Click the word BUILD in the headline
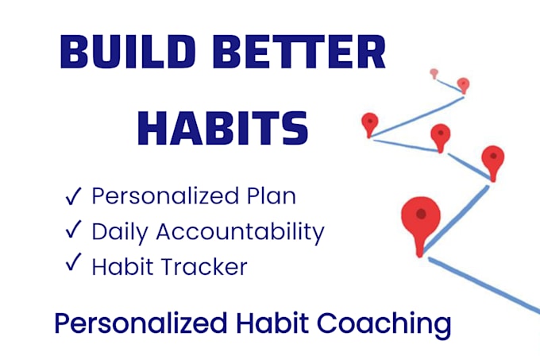coord(128,52)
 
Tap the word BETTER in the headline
coord(299,52)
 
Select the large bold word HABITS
coord(223,128)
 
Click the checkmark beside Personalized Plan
coord(73,196)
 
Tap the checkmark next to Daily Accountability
coord(73,229)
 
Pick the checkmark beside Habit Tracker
coord(73,261)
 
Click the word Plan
coord(271,196)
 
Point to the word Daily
coord(120,232)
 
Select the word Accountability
coord(241,232)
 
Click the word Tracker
coord(204,267)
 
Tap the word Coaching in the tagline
coord(384,324)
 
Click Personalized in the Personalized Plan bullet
coord(165,196)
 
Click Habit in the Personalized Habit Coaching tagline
coord(272,323)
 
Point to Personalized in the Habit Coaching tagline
coord(141,323)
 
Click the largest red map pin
coord(421,224)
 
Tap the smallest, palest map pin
coord(434,73)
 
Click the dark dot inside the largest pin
coord(421,214)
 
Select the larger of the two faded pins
coord(463,85)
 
